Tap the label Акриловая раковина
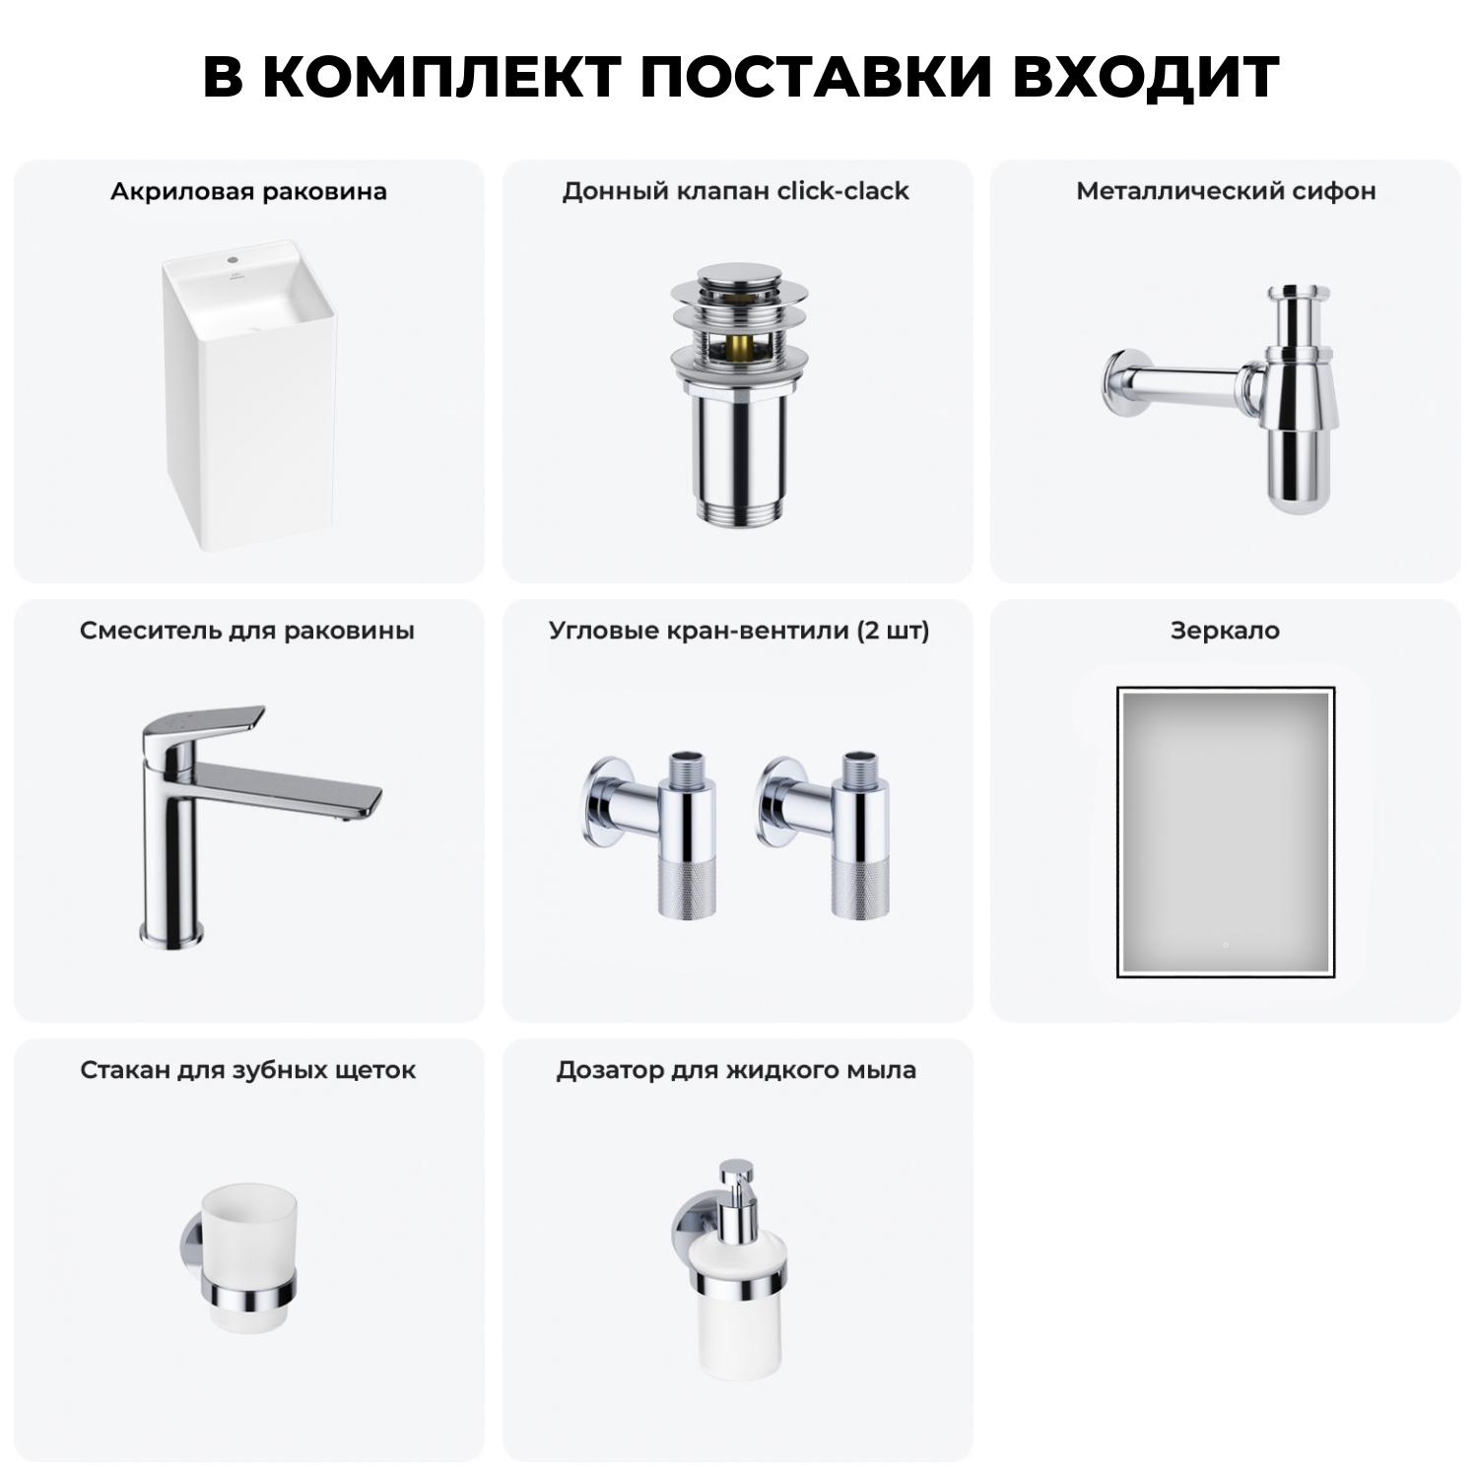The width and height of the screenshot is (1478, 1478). tap(248, 191)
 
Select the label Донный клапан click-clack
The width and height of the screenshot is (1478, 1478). tap(735, 191)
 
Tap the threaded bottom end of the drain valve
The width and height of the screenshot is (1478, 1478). tap(738, 509)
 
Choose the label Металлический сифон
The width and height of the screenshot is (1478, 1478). tap(1225, 191)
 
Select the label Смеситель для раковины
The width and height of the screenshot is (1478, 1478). tap(247, 631)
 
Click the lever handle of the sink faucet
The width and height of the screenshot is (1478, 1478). tap(207, 724)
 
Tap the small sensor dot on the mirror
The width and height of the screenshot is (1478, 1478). tap(1225, 945)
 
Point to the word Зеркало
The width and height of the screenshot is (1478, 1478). tap(1225, 631)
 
